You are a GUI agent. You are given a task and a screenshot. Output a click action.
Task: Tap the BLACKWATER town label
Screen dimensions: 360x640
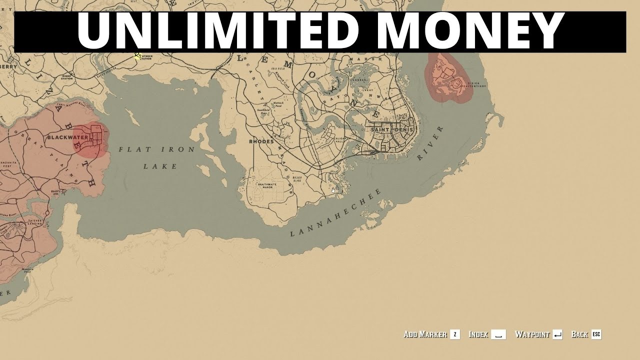tap(67, 137)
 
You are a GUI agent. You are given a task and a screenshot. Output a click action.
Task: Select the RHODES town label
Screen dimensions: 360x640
tap(261, 141)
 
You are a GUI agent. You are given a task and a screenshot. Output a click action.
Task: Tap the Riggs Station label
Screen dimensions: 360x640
tap(67, 76)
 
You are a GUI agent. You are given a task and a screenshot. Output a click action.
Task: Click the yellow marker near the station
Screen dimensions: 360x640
tap(137, 56)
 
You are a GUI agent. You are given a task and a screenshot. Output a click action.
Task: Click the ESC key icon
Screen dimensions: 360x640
tap(596, 334)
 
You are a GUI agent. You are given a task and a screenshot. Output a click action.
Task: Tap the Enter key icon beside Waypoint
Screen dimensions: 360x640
tap(558, 334)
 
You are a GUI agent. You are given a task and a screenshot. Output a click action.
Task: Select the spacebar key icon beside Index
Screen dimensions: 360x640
tap(498, 334)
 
